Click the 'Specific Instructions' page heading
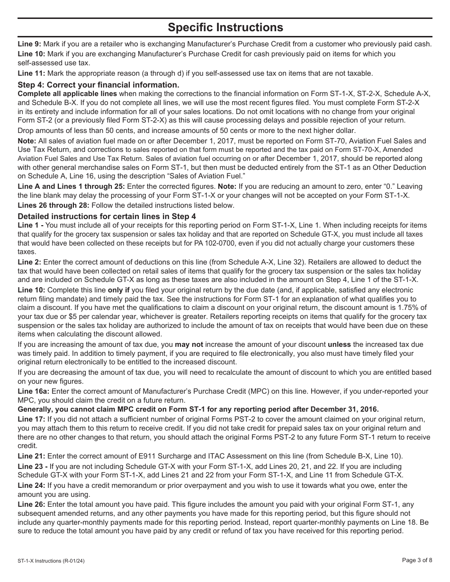(225, 27)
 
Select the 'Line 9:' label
(29, 44)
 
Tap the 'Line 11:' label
(31, 73)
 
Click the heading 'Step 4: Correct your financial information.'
(99, 85)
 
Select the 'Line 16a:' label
(33, 391)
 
